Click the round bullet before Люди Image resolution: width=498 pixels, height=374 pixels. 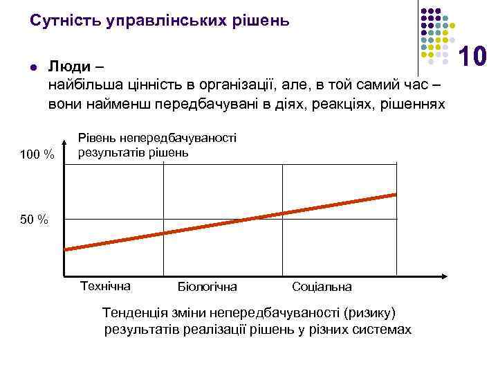pyautogui.click(x=33, y=67)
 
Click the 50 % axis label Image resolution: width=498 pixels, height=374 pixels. pyautogui.click(x=34, y=220)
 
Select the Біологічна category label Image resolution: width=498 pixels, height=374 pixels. pyautogui.click(x=207, y=286)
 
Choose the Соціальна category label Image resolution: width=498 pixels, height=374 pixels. pyautogui.click(x=322, y=286)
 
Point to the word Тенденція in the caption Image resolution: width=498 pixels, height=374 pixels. pyautogui.click(x=134, y=313)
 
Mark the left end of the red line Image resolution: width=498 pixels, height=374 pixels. pyautogui.click(x=65, y=249)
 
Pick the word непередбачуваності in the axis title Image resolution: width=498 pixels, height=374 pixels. pyautogui.click(x=187, y=139)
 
